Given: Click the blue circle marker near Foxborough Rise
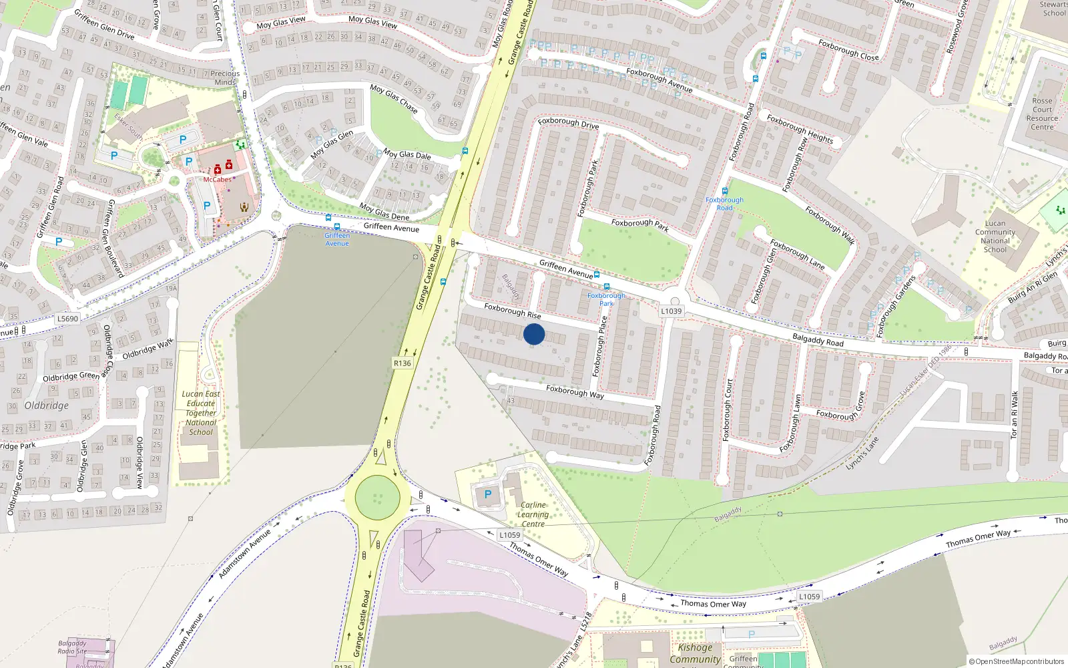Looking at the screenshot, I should tap(534, 334).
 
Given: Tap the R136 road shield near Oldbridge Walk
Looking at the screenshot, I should tap(402, 363).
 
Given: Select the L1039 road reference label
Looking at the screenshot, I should tap(672, 311).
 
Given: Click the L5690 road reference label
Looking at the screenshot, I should tap(67, 319).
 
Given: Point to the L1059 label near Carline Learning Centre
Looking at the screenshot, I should tap(510, 535).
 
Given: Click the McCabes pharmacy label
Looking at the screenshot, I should tap(218, 179).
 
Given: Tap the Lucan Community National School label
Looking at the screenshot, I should tap(995, 236).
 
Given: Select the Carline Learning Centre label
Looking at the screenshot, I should tap(533, 514).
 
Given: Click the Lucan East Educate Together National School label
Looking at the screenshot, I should tap(201, 413).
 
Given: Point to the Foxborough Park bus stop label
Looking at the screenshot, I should tap(606, 299).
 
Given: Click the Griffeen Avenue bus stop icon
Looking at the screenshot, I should tap(328, 218).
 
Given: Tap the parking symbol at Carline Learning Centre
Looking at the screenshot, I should tap(488, 495).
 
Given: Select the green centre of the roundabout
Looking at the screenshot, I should tap(378, 498).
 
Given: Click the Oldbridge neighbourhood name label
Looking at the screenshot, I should tap(47, 405).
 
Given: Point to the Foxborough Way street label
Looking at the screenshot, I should tap(575, 391).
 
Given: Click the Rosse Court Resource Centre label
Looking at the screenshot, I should tap(1042, 114).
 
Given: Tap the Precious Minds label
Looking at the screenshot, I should tap(225, 78).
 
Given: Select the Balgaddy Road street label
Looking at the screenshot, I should tap(818, 340).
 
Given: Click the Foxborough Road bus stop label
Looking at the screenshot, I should tap(724, 204).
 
